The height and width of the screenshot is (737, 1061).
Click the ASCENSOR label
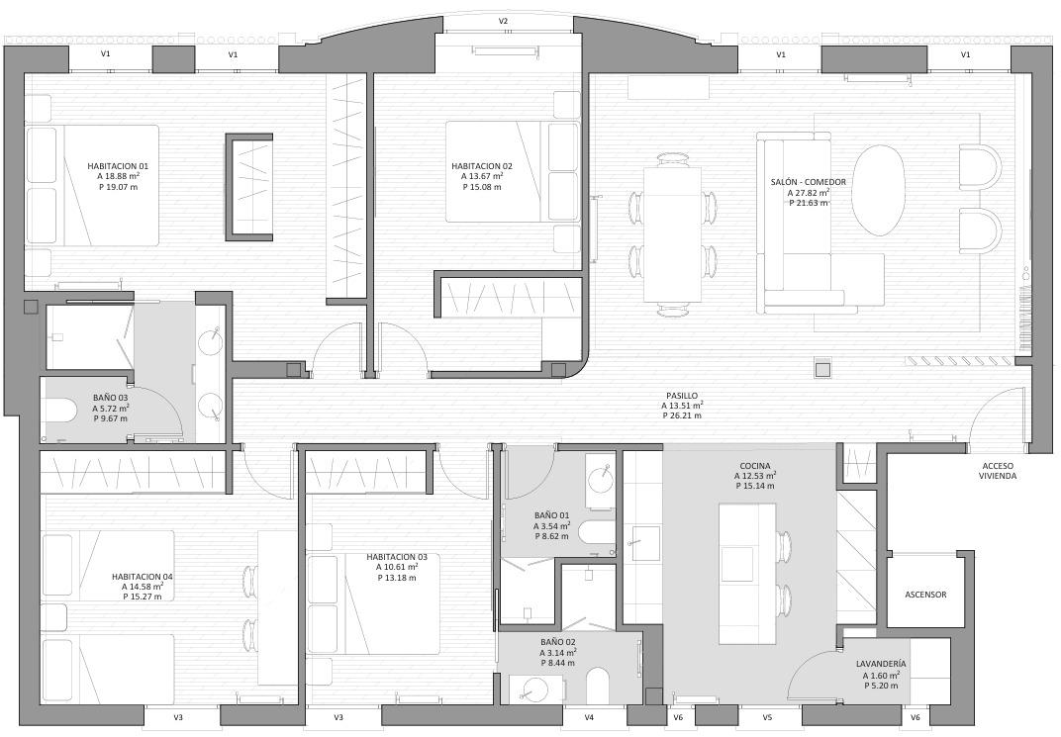pos(925,595)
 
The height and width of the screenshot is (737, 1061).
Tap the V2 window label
pos(503,21)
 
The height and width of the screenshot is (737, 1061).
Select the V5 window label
pos(767,717)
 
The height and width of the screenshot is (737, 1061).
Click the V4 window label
pos(589,717)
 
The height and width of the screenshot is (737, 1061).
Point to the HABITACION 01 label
pos(118,165)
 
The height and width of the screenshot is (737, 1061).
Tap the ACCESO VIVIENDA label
pos(998,471)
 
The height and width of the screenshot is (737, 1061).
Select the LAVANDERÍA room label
pos(881,664)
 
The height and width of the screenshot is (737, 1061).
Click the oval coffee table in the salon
pos(878,190)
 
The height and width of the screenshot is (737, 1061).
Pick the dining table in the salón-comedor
pos(673,233)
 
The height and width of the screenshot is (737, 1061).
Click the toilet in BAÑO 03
pos(58,411)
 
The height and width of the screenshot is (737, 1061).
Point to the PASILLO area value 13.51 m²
pos(682,406)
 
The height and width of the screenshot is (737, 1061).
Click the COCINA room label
pos(754,466)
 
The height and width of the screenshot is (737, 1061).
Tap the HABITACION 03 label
pos(397,557)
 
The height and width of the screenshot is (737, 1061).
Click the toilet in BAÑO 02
pos(598,686)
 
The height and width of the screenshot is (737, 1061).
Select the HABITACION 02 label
pos(482,165)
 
